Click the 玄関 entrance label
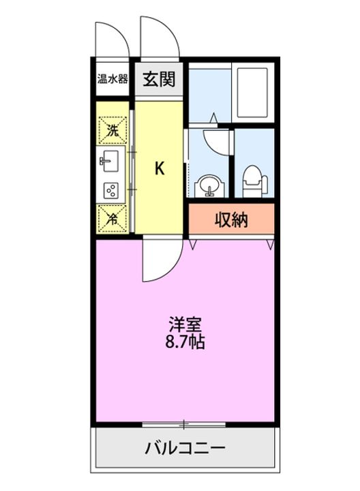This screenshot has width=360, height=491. [159, 78]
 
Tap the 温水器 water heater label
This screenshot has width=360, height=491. [112, 78]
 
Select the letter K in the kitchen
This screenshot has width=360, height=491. [159, 168]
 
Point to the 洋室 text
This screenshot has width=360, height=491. [186, 324]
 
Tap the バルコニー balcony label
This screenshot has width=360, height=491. [185, 449]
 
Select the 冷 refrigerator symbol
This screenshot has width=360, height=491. [112, 218]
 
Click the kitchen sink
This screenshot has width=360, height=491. [110, 162]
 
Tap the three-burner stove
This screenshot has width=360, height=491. [111, 191]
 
